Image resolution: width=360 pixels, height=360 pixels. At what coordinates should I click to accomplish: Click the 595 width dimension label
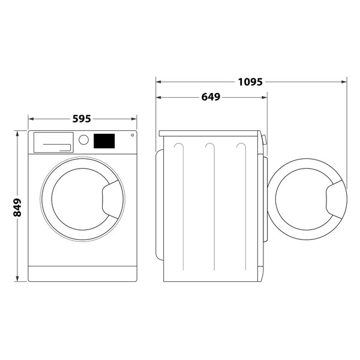82,119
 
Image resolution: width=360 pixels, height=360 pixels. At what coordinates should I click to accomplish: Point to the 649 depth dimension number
210,97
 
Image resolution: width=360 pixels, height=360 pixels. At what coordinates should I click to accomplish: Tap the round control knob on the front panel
83,140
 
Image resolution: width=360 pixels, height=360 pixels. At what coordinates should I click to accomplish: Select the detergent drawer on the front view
53,142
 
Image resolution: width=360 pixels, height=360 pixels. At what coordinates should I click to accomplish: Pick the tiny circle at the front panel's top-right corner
132,136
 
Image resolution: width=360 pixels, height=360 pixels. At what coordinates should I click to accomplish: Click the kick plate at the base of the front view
83,274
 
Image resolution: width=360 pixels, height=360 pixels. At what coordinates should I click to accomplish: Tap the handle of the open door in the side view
335,201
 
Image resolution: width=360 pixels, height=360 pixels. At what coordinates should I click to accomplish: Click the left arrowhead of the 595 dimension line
31,119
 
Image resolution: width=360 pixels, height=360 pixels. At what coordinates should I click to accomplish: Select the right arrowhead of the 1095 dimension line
344,82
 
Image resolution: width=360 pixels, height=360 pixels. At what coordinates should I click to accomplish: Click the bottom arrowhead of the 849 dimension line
17,280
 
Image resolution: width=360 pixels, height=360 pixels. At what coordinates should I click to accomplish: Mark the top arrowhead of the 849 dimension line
17,133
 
